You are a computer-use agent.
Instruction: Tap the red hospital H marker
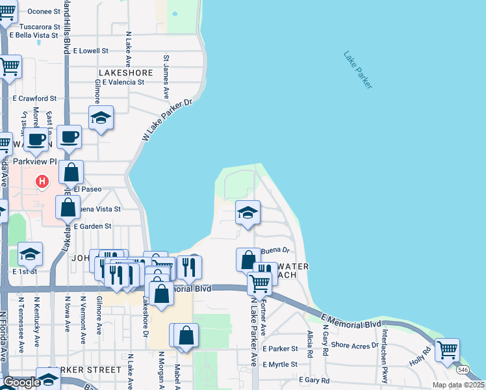click(42, 181)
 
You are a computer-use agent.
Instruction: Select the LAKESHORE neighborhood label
click(126, 73)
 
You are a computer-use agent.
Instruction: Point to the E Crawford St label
click(34, 99)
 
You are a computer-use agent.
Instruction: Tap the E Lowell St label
click(90, 50)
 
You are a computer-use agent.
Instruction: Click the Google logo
click(21, 382)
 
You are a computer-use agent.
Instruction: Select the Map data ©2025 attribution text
click(459, 385)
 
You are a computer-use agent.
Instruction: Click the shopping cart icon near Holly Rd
click(448, 349)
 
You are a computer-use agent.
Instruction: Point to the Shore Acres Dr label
click(354, 345)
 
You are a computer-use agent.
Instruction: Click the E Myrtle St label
click(281, 365)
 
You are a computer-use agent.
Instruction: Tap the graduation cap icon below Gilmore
click(101, 118)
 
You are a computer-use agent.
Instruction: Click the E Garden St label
click(92, 227)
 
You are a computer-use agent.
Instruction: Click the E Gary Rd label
click(314, 380)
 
